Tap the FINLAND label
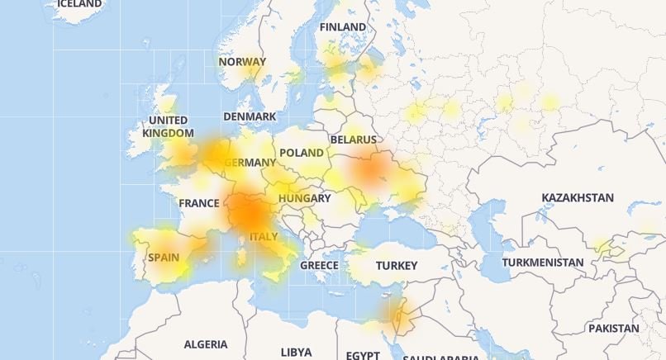click(x=343, y=27)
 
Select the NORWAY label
click(x=242, y=62)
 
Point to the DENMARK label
click(x=250, y=117)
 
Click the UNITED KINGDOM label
click(x=168, y=126)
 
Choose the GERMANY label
click(x=249, y=163)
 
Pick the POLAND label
click(x=302, y=153)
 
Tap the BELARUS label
click(x=353, y=140)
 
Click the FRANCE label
click(x=199, y=203)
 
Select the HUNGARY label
click(x=304, y=198)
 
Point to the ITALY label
click(x=264, y=237)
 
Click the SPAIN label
click(x=164, y=257)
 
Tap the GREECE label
click(x=319, y=265)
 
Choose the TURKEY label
click(x=397, y=266)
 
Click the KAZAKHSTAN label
click(x=578, y=198)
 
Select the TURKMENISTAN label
click(x=543, y=263)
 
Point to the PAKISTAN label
click(x=613, y=328)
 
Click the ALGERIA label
click(x=206, y=344)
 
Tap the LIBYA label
click(x=297, y=352)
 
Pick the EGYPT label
click(x=363, y=354)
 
